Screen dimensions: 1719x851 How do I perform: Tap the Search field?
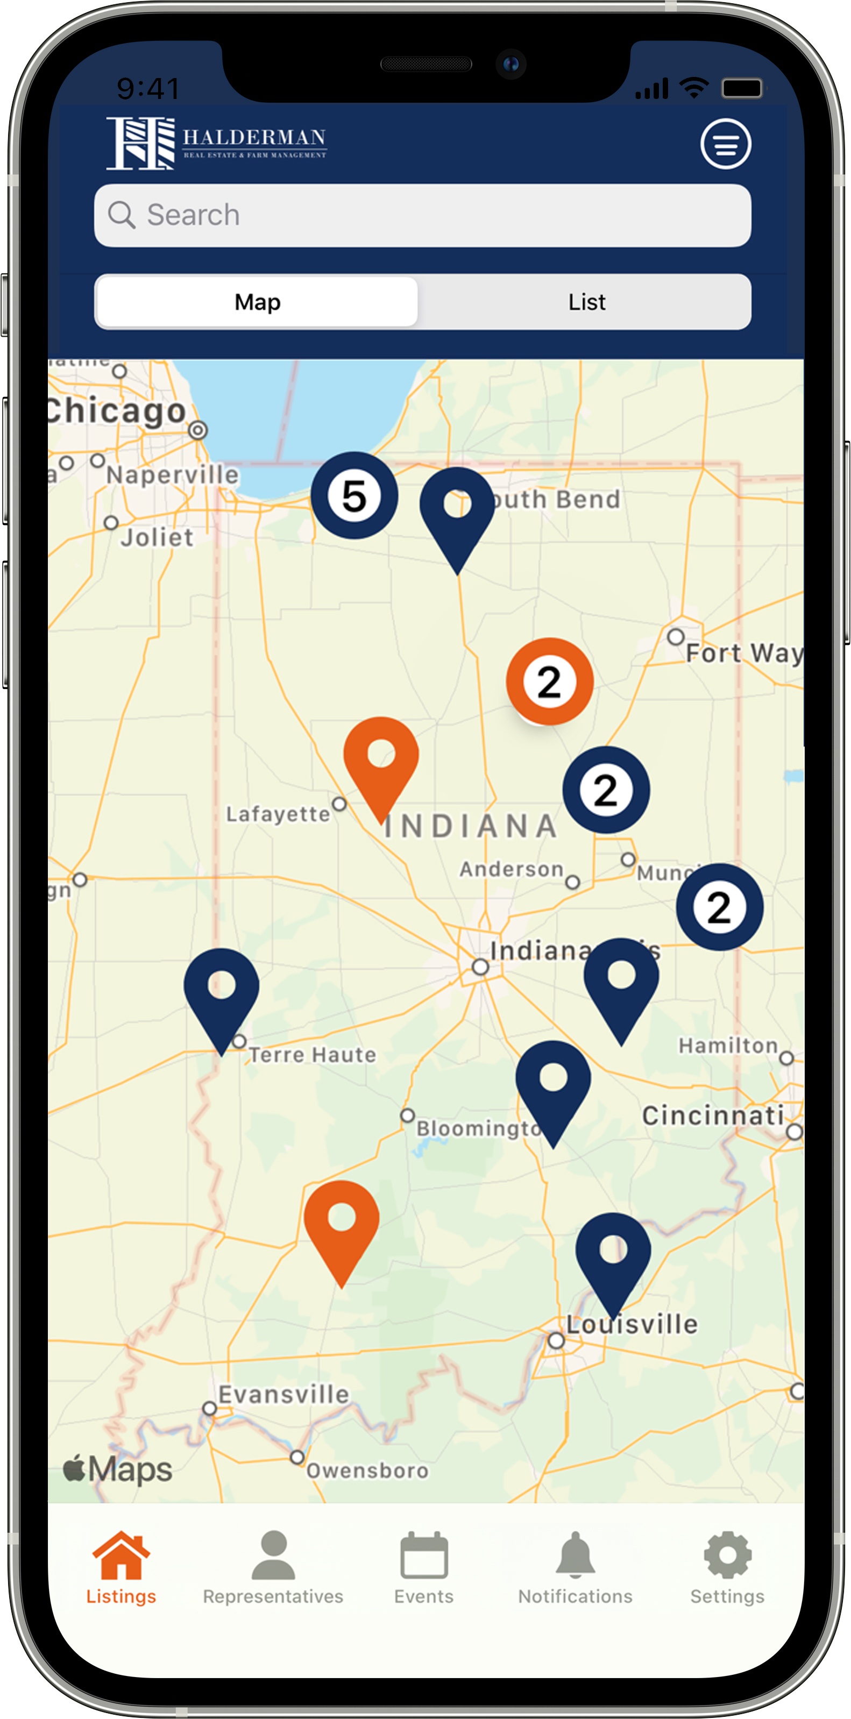422,216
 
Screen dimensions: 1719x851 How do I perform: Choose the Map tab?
257,302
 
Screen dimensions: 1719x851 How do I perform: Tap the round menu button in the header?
726,144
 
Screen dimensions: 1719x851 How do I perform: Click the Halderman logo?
216,143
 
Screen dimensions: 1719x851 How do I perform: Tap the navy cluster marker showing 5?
354,496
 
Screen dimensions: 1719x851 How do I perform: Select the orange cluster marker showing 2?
549,681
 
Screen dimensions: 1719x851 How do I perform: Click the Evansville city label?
283,1395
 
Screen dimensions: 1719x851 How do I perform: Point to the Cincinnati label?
712,1116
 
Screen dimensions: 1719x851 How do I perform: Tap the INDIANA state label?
471,826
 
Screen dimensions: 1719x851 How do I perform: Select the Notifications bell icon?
575,1556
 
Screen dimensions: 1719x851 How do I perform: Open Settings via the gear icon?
727,1556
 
